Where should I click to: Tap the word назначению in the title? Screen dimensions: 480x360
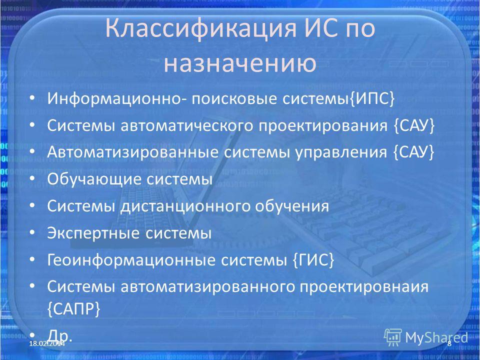coord(240,63)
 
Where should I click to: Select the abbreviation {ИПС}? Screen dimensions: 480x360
coord(371,99)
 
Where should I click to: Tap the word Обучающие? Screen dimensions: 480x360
coord(94,179)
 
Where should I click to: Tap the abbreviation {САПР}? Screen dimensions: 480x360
coord(74,309)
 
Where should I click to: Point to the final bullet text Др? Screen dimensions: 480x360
coord(59,335)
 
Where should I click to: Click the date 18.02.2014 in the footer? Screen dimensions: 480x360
coord(47,343)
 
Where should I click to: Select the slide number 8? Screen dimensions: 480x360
coord(449,343)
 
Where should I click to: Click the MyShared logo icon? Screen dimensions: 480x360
coord(393,337)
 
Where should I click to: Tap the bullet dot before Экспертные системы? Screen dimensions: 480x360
coord(32,232)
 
